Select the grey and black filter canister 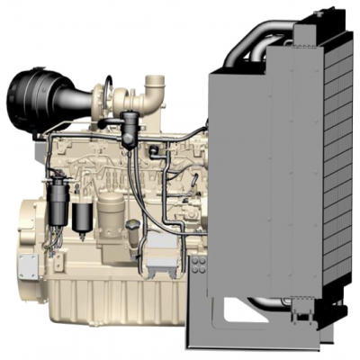pos(84,217)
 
